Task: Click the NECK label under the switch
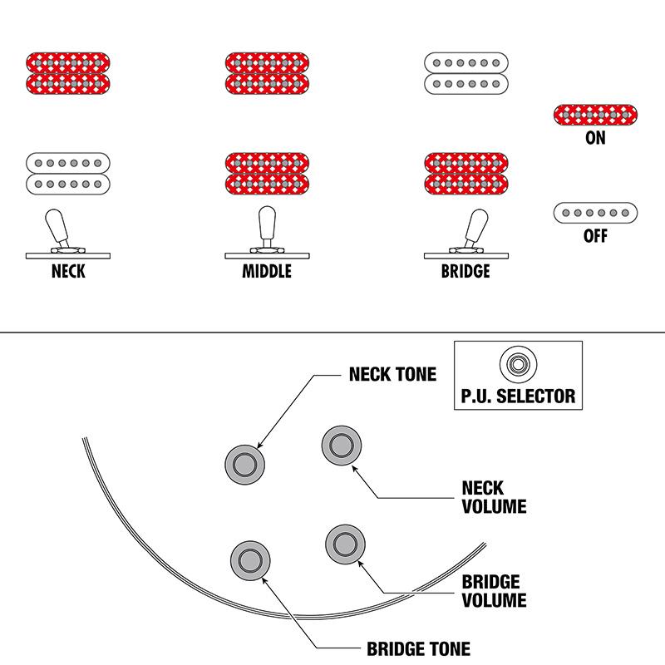point(67,271)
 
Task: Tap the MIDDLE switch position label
point(267,271)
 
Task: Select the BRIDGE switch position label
point(465,271)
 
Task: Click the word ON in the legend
point(595,138)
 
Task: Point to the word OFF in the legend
point(595,236)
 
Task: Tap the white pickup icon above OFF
point(595,213)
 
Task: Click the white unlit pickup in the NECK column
point(67,173)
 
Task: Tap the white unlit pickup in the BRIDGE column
point(465,73)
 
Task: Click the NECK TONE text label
point(392,375)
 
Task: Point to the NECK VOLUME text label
point(493,496)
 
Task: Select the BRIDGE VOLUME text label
point(493,590)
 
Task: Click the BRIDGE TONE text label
point(418,648)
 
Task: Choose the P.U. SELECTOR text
point(518,395)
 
